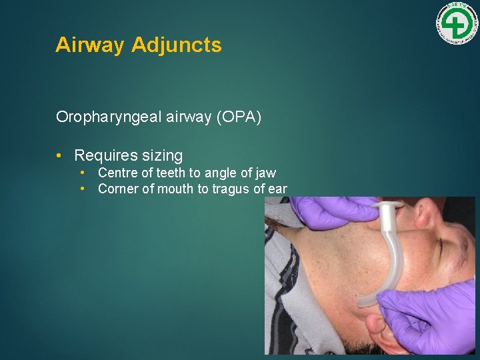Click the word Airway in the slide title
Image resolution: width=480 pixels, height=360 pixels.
click(90, 45)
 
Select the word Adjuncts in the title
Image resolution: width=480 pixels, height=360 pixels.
click(177, 45)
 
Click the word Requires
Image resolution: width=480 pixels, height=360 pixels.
click(105, 155)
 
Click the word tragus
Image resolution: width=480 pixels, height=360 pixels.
click(230, 189)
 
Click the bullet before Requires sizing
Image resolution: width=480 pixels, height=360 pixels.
click(59, 155)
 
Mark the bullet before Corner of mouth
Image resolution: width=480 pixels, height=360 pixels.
click(83, 189)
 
